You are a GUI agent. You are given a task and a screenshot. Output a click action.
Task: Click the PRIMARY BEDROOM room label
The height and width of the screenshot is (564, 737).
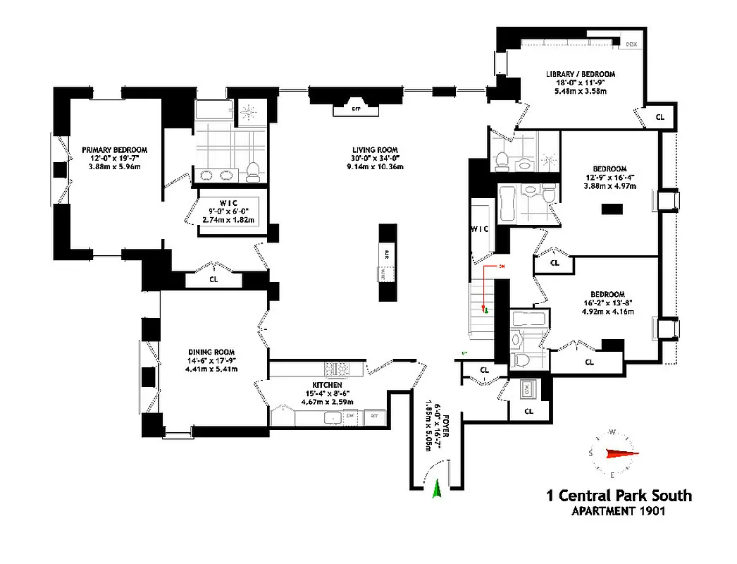(x=114, y=149)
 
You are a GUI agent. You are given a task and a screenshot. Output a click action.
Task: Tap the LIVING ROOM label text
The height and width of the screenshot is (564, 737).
(x=376, y=149)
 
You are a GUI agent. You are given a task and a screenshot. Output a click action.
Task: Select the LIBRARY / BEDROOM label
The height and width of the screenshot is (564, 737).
(x=581, y=74)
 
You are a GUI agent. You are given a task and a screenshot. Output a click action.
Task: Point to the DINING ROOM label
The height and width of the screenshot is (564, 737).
(x=211, y=352)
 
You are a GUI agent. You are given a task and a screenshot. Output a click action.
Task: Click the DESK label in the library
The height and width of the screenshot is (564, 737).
(x=631, y=44)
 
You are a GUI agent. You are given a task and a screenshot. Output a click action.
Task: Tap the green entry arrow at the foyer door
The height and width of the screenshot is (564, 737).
(x=436, y=489)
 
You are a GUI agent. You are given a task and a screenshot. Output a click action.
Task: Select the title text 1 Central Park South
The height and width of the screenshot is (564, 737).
(x=619, y=496)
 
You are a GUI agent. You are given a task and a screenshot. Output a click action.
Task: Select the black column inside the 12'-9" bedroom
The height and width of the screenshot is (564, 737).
(x=611, y=209)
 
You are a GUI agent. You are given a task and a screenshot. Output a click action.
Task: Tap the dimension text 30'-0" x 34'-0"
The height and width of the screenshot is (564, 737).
(x=376, y=159)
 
